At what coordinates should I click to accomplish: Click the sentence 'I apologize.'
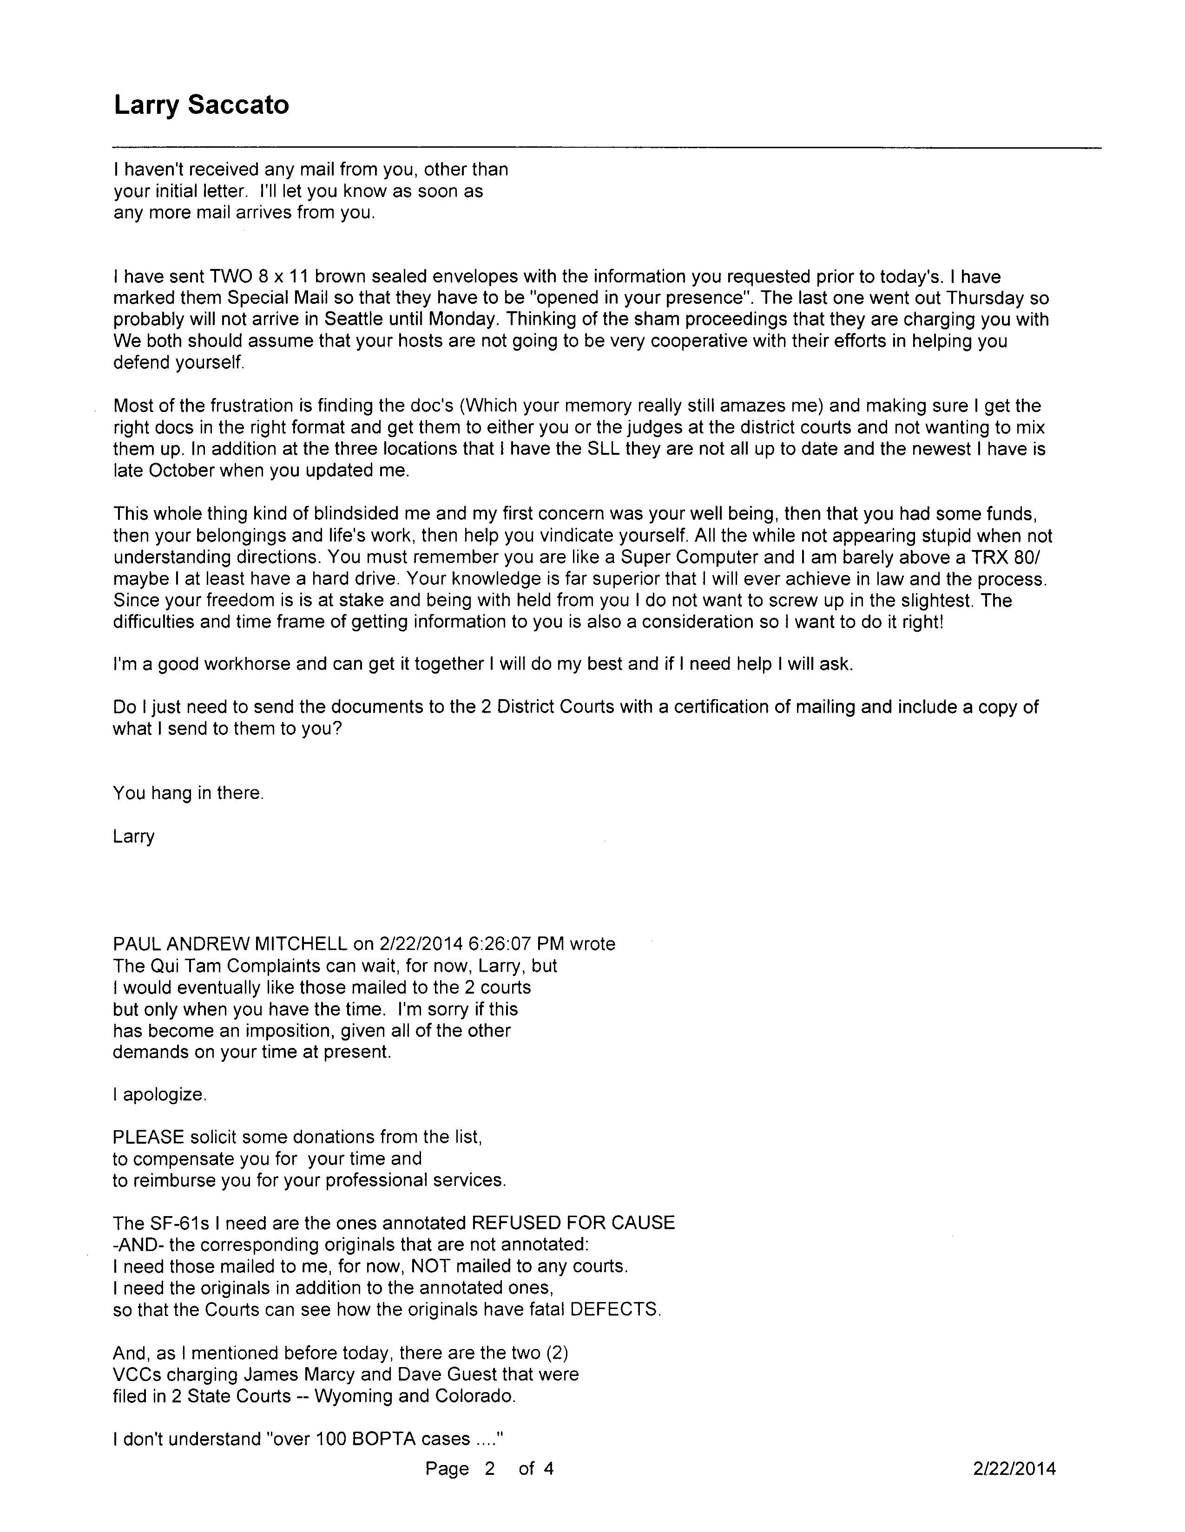tap(159, 1095)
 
